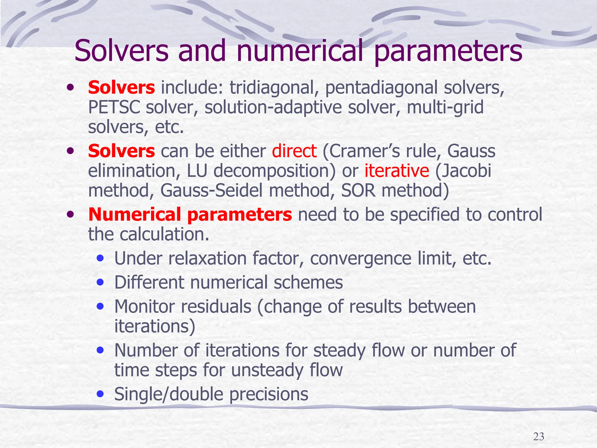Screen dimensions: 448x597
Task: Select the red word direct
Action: pos(294,151)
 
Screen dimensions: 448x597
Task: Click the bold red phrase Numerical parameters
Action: pos(190,214)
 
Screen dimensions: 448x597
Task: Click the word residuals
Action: pos(216,307)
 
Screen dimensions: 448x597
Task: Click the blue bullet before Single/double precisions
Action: pos(101,394)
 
